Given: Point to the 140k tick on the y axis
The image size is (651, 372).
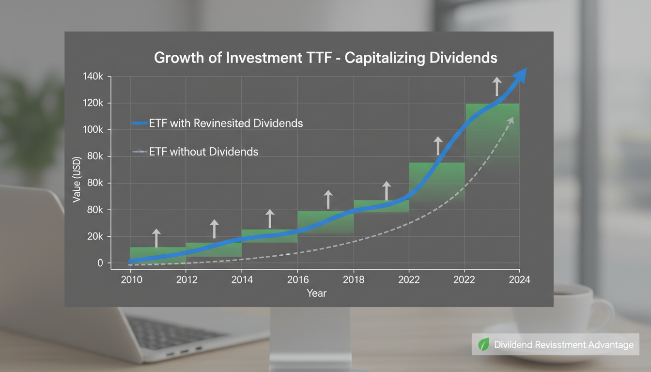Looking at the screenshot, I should [x=93, y=77].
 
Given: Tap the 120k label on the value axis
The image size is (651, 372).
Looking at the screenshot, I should [x=93, y=103].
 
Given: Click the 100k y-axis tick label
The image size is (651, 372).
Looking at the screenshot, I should [x=93, y=130].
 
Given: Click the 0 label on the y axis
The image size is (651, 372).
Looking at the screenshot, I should [x=100, y=263].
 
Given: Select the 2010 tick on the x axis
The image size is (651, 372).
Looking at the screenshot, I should [x=131, y=280].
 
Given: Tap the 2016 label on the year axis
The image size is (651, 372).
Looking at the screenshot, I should [x=297, y=280].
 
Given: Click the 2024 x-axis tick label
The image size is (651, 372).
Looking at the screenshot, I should [x=520, y=280].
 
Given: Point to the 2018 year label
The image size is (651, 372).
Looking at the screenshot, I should [x=353, y=280].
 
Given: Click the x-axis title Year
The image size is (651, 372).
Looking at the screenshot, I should [x=316, y=293].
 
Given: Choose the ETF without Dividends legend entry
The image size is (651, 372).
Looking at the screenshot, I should [x=203, y=152].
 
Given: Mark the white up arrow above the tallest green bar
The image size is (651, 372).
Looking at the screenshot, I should [x=496, y=86].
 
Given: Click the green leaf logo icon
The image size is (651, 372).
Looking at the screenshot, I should [x=483, y=345].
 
